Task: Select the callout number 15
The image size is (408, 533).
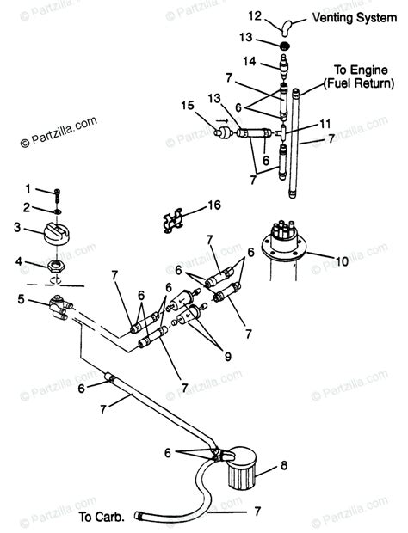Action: pos(187,106)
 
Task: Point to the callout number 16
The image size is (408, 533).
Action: pos(214,205)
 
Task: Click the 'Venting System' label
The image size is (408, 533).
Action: pos(347,16)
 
